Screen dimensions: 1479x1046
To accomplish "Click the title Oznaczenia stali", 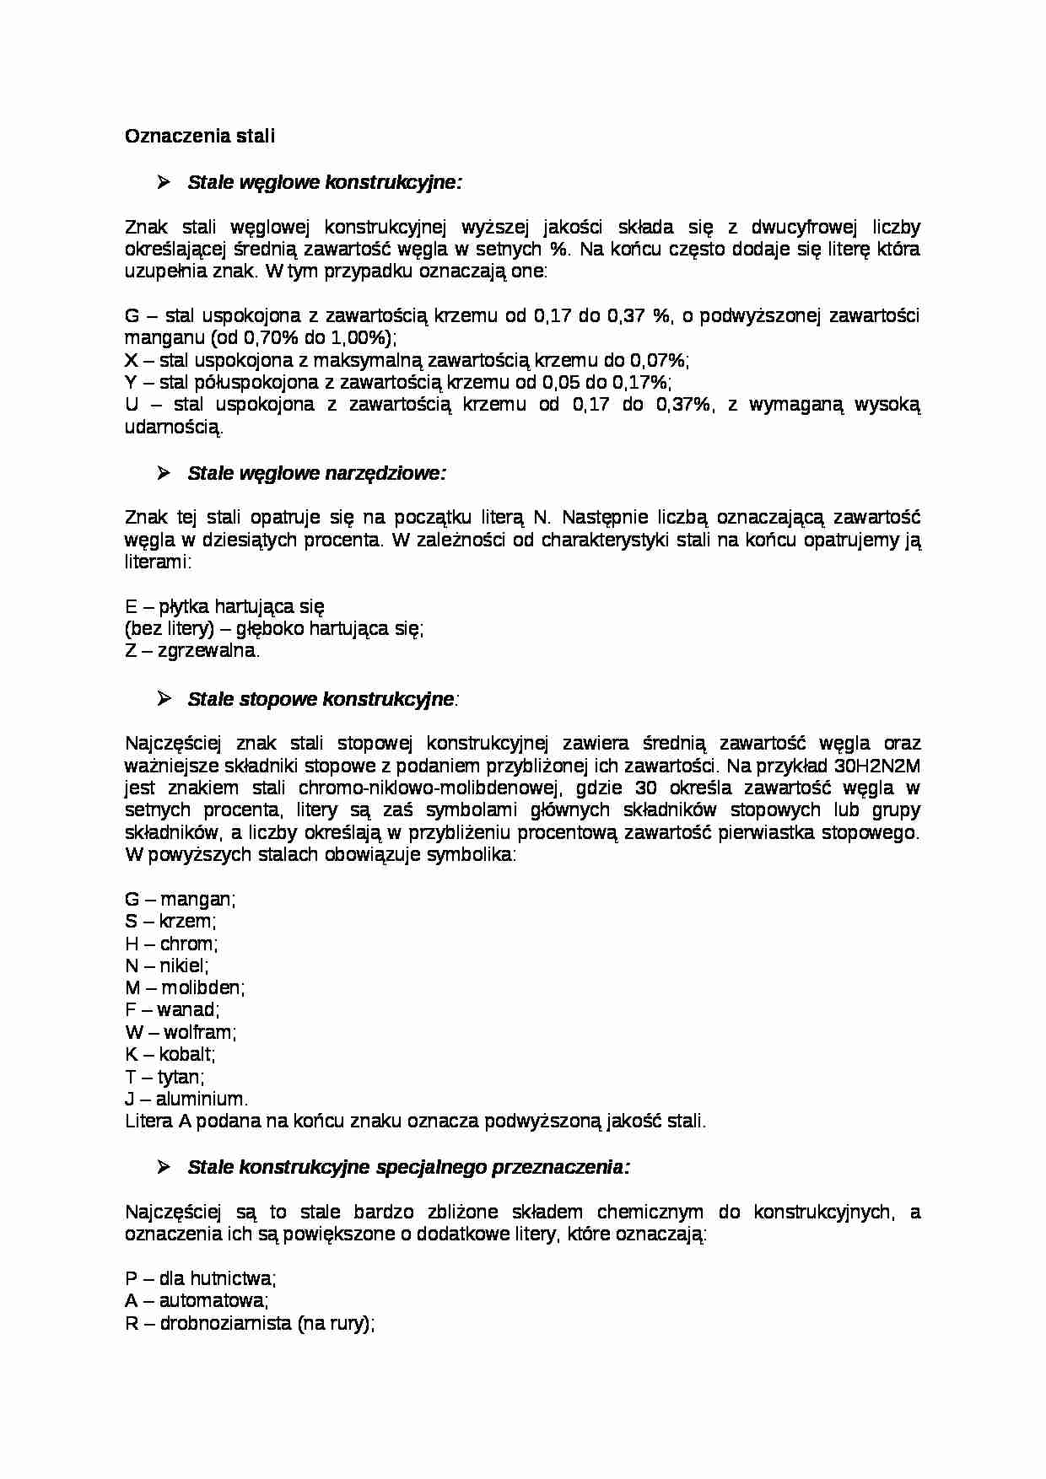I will [200, 136].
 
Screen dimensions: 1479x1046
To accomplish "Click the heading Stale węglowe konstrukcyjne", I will [324, 182].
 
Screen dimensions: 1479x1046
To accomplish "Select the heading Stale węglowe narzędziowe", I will [316, 473].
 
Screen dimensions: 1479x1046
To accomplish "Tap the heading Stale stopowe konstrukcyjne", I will [321, 699].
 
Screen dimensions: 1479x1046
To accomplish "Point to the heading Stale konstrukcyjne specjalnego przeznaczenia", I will [408, 1167].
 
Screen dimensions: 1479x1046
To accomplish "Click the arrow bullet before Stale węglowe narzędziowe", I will [164, 473].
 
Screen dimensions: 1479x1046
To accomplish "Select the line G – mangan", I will [180, 899].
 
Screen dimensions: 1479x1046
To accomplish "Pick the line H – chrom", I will [171, 944].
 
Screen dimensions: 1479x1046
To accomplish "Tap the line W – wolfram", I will [181, 1032].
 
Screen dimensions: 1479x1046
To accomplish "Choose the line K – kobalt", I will [170, 1054].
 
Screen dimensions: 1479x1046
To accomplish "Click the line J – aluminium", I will [186, 1099].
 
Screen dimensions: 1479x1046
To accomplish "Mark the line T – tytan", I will [164, 1077].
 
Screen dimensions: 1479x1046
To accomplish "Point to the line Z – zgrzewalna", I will [192, 650].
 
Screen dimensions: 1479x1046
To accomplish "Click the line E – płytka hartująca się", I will [224, 606].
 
